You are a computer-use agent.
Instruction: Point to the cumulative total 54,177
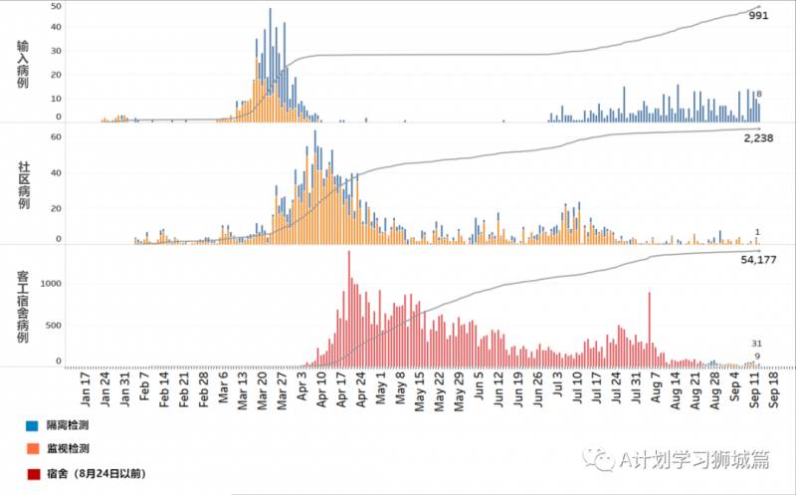pos(758,261)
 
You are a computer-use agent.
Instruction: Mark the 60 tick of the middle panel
pos(57,136)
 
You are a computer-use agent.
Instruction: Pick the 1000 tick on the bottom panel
pos(51,283)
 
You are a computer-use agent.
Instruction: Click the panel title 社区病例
pos(23,183)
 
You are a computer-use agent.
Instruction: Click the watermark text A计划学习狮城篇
pos(681,459)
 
